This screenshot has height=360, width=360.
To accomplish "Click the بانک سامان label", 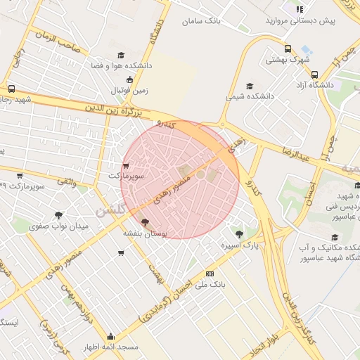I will coord(201,21).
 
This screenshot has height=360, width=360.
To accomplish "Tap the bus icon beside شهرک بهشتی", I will coord(288,49).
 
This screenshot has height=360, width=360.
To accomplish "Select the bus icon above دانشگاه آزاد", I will coord(314,74).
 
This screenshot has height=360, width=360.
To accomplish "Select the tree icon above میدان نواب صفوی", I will coord(58,215).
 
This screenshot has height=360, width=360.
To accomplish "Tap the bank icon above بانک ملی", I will coord(210,273).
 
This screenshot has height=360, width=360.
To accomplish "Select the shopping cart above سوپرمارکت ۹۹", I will coord(19,176).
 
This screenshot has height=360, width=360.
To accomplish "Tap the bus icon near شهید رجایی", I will coord(11,89).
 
